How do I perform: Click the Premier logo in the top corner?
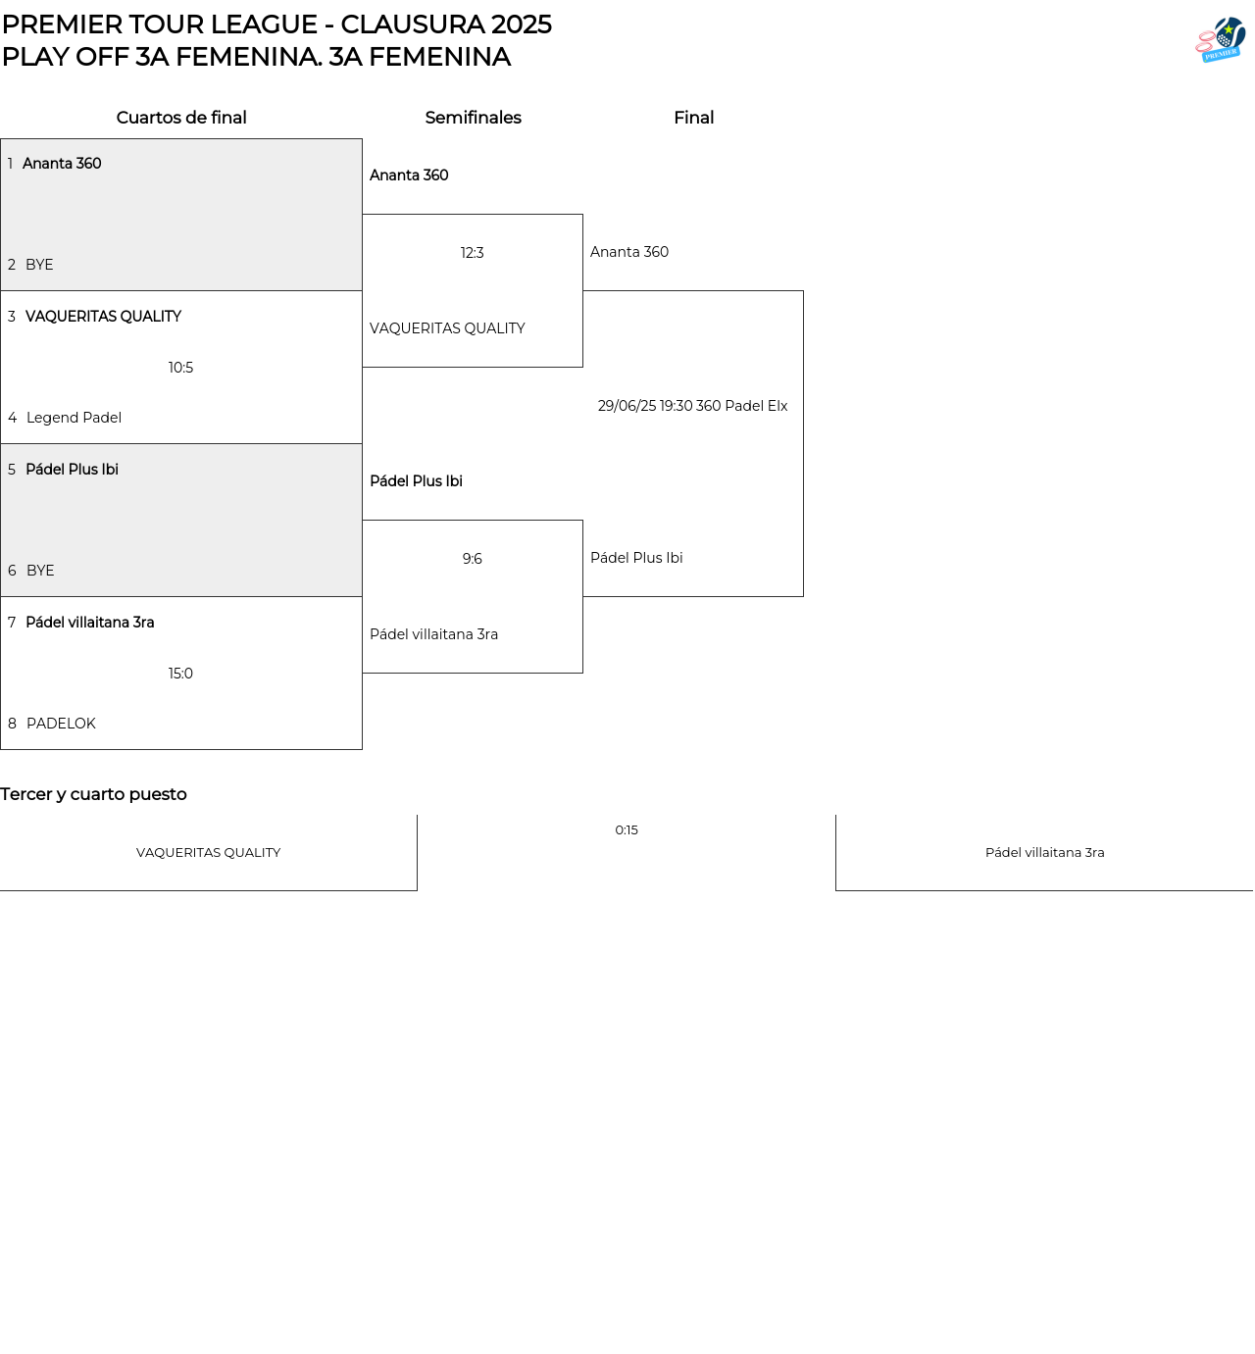click(x=1221, y=39)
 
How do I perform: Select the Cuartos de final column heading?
click(x=181, y=118)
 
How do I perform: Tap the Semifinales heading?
click(x=474, y=118)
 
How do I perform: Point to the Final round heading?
click(x=693, y=118)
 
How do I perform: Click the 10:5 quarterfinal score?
click(x=180, y=368)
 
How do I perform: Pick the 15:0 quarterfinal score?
click(x=180, y=674)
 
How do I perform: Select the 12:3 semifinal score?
click(x=472, y=253)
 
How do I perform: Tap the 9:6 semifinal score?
click(x=472, y=559)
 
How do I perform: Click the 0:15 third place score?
click(x=627, y=830)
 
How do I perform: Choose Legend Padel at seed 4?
click(x=74, y=418)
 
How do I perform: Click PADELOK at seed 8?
click(x=61, y=724)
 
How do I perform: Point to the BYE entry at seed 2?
click(x=39, y=265)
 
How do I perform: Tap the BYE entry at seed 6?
click(x=40, y=571)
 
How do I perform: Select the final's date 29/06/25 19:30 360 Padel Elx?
click(x=693, y=406)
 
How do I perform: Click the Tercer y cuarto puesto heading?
click(x=93, y=795)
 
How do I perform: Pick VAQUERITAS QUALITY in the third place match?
click(x=208, y=853)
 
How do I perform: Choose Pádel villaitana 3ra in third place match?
click(x=1045, y=853)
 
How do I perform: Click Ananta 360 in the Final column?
click(x=628, y=252)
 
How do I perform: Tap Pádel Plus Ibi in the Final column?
click(x=636, y=559)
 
